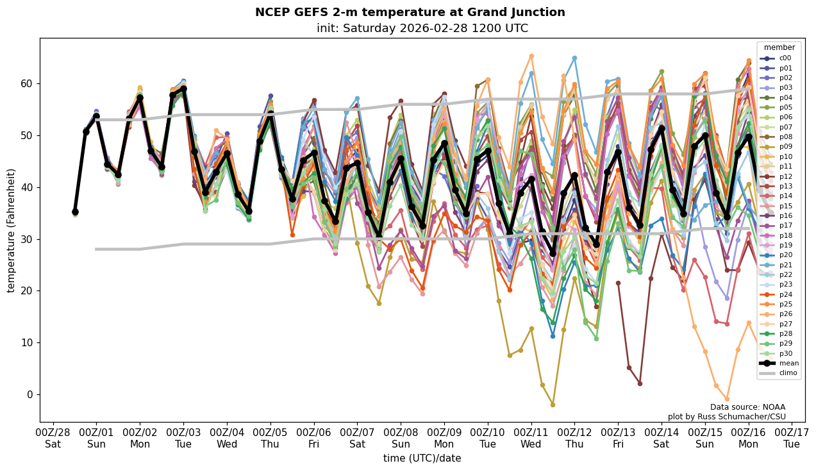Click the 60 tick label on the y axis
click(x=27, y=84)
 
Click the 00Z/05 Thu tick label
click(x=270, y=437)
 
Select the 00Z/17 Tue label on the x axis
click(x=792, y=437)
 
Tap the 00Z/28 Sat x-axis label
click(x=53, y=437)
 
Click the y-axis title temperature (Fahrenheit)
click(x=12, y=230)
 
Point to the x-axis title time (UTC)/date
click(x=422, y=458)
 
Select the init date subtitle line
click(x=422, y=28)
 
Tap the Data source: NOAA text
click(x=747, y=407)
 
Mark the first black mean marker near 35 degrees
click(x=75, y=212)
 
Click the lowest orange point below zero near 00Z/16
click(x=727, y=399)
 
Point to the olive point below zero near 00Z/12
click(x=553, y=405)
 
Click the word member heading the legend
click(x=779, y=47)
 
